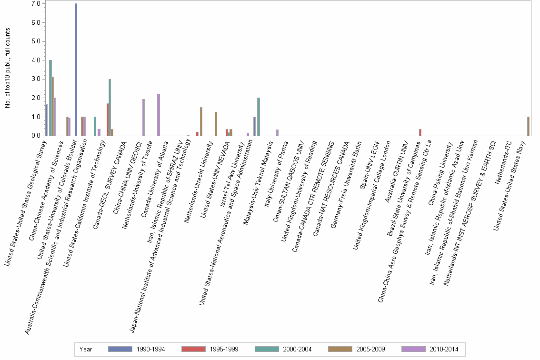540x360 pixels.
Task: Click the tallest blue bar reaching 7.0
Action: [x=76, y=70]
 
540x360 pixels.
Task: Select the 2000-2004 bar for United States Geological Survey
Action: [x=50, y=98]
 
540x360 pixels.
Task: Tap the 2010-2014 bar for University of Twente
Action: [x=159, y=115]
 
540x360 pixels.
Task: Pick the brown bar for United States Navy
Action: [x=528, y=126]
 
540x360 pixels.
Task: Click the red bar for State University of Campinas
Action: [x=420, y=132]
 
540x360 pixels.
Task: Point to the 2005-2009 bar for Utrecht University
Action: [x=216, y=124]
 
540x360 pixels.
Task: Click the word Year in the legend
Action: [x=86, y=350]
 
